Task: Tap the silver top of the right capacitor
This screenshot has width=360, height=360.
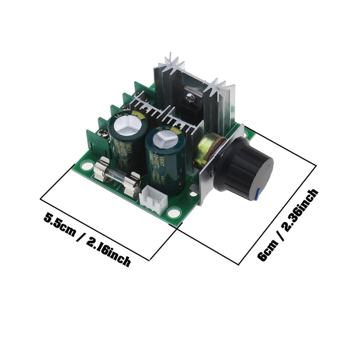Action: point(164,138)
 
